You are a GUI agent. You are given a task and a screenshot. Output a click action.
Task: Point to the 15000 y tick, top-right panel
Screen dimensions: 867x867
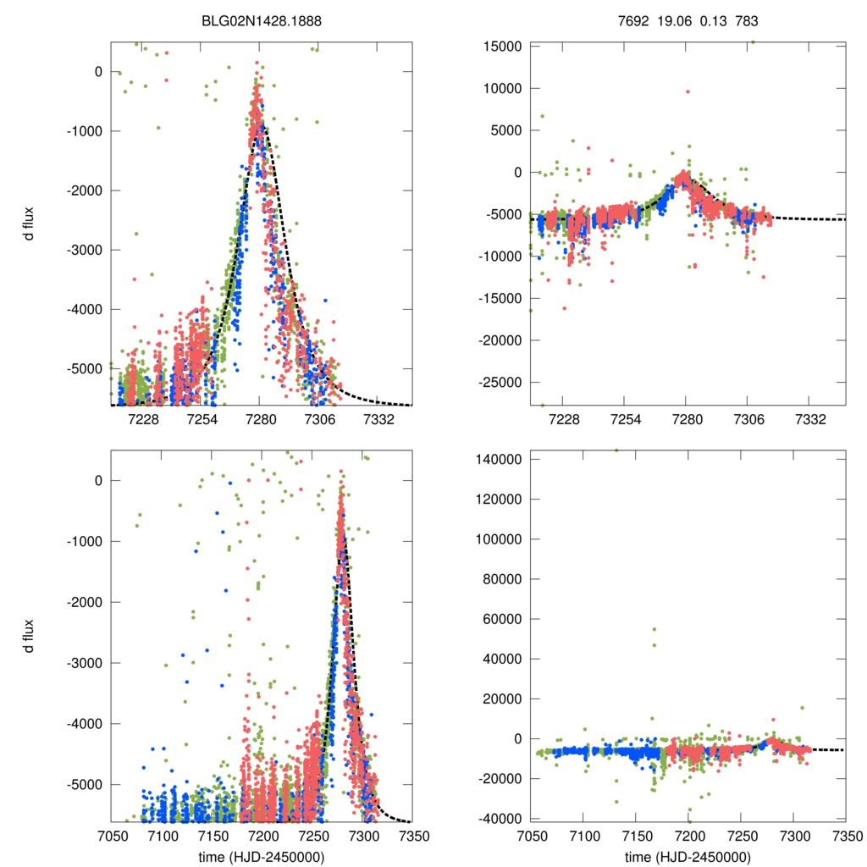(501, 46)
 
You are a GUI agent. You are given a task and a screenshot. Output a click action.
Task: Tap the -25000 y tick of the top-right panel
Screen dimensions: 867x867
(499, 382)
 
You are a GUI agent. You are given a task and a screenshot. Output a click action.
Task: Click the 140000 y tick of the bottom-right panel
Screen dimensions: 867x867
(499, 459)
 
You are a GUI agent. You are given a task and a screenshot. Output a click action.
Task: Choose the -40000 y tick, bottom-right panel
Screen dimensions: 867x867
(499, 819)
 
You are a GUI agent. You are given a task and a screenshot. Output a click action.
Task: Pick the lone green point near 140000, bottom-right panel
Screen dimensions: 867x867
(616, 450)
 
